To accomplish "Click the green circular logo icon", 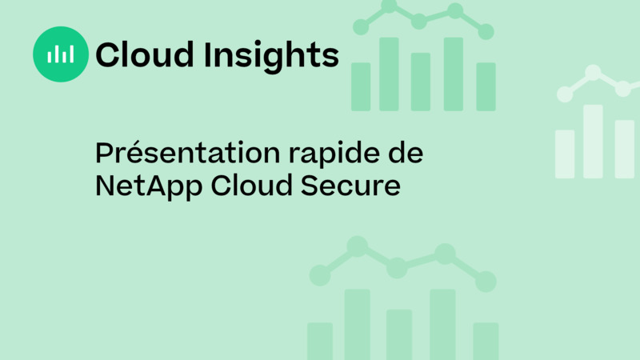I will (61, 54).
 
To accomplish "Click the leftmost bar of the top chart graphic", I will (361, 86).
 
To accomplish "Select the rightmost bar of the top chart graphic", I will (486, 86).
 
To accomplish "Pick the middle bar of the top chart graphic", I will (421, 82).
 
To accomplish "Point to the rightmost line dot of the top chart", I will (486, 31).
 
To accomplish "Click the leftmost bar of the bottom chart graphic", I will (320, 341).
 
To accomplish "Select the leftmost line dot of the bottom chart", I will (320, 275).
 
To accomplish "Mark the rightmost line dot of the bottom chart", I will (486, 281).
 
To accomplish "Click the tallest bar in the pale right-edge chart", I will (593, 142).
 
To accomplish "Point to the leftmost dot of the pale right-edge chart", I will (565, 94).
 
